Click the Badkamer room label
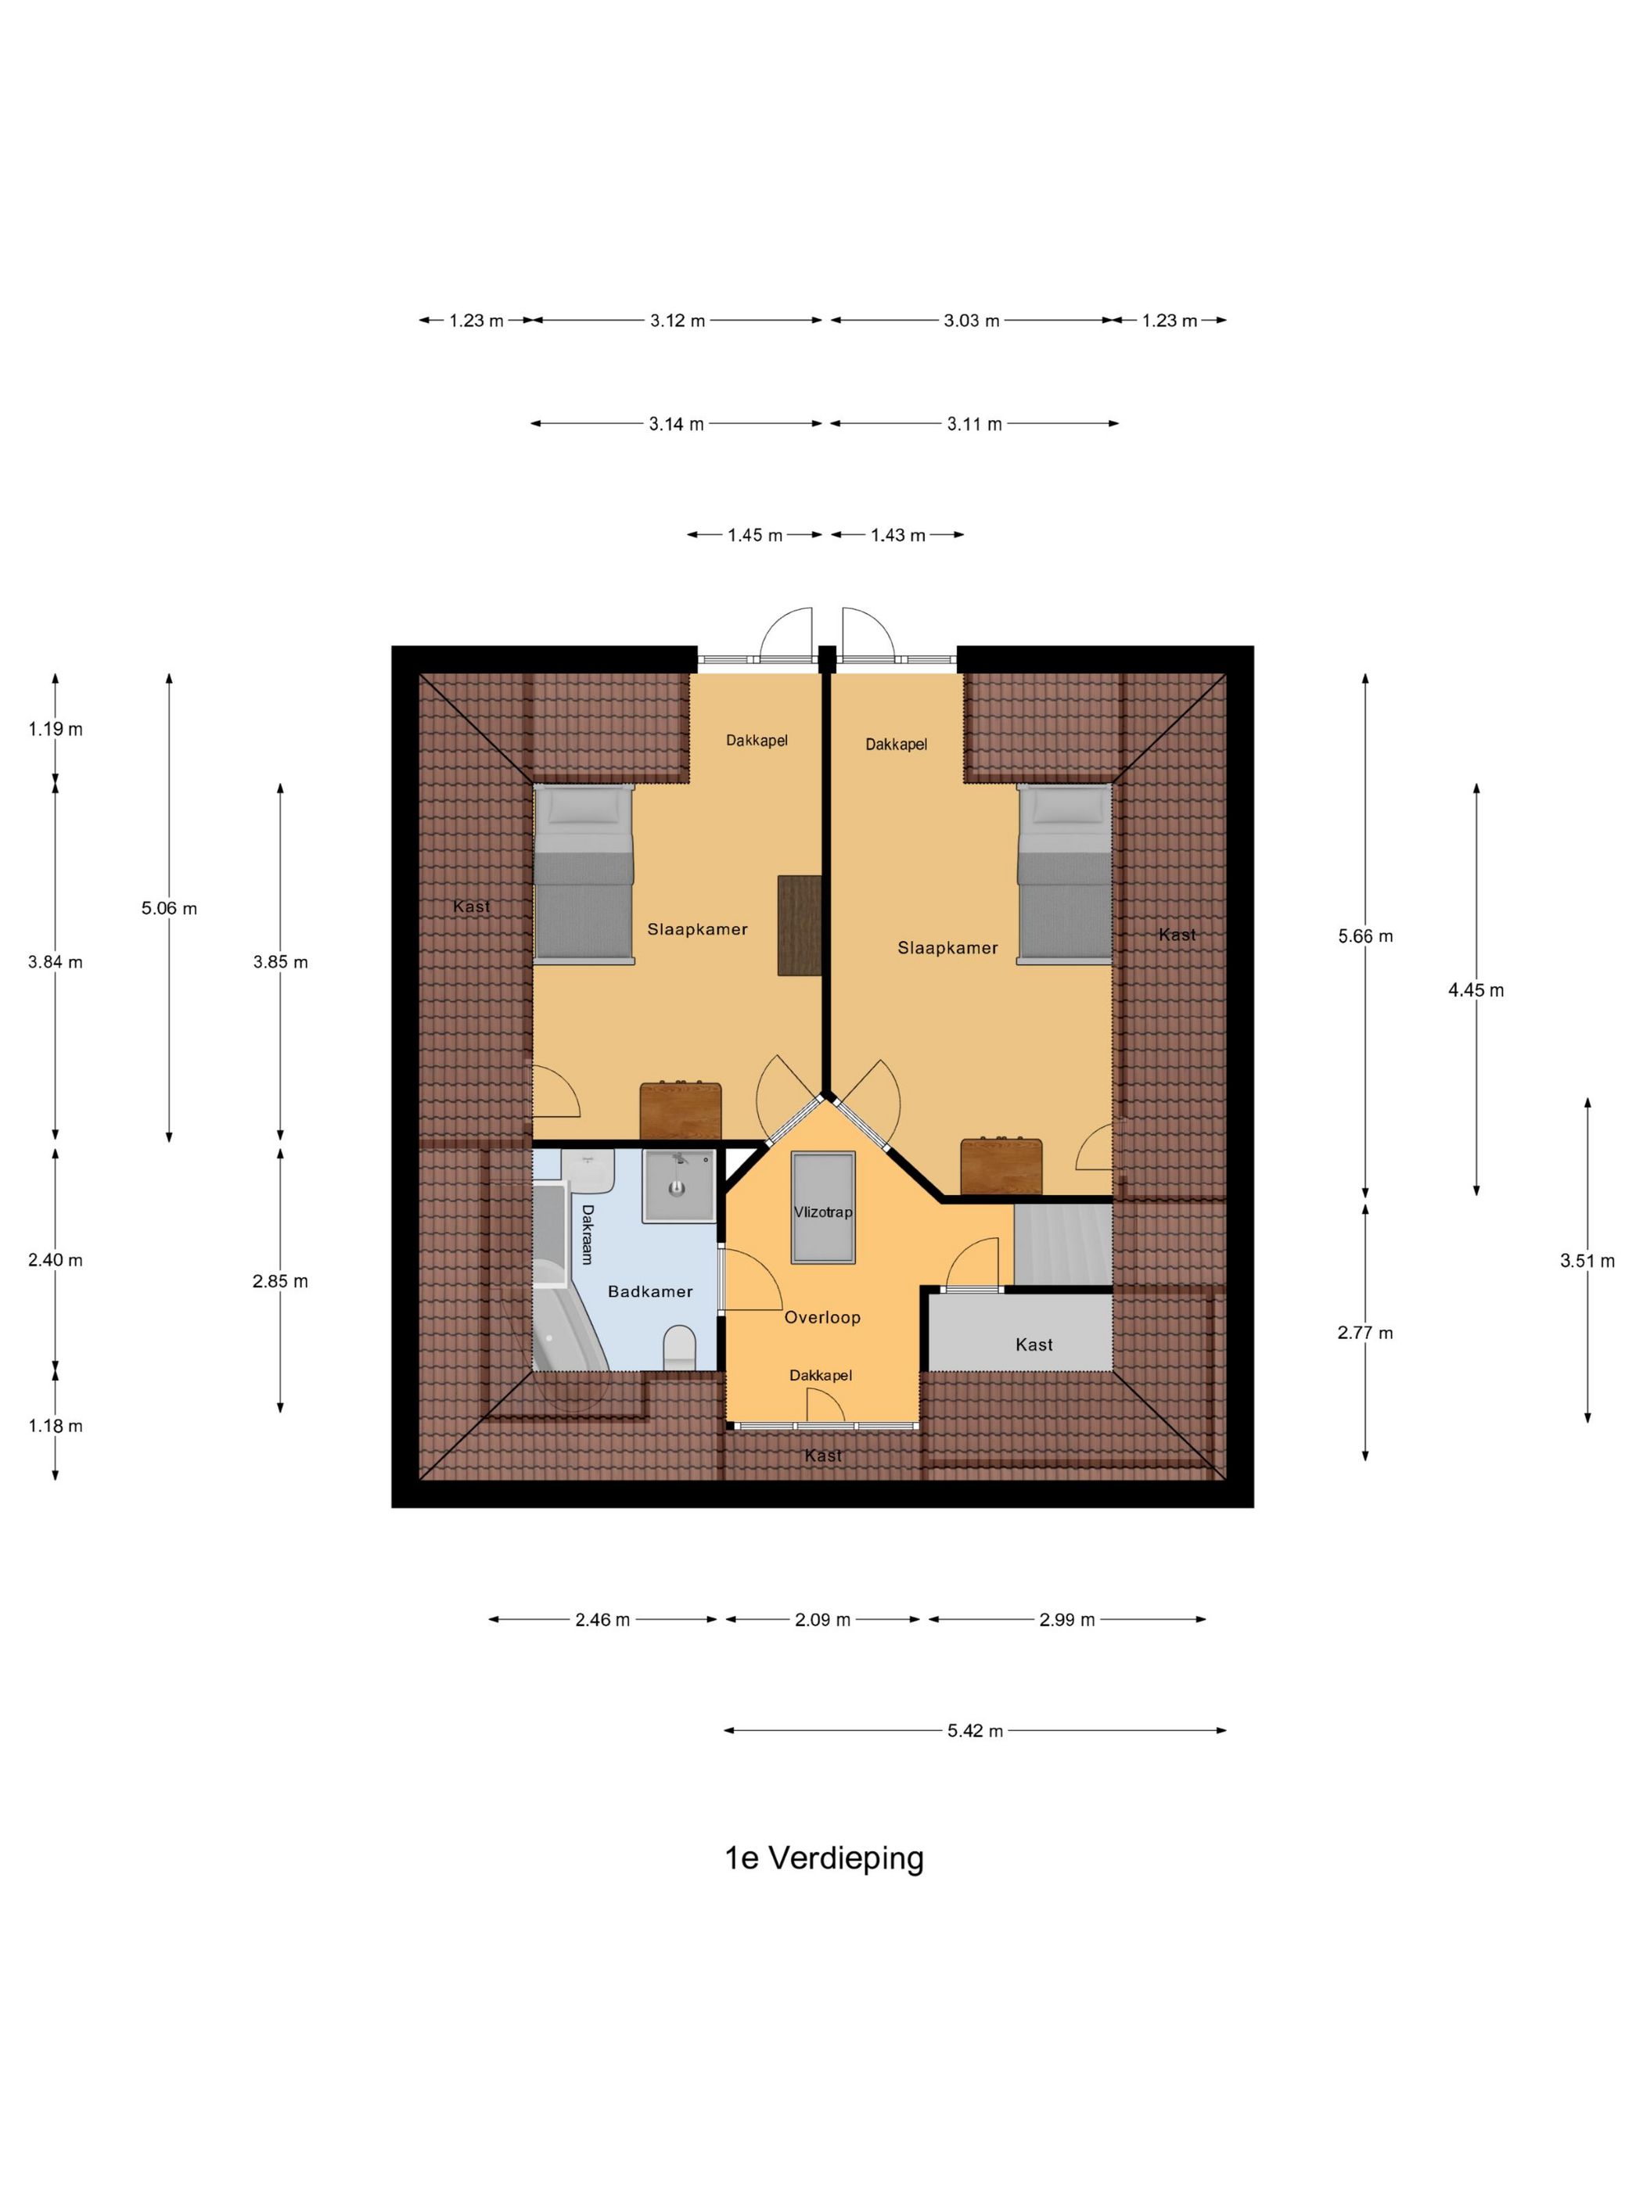[649, 1291]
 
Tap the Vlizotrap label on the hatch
[822, 1212]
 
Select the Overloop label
[822, 1318]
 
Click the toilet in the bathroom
[678, 1348]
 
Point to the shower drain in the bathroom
[678, 1185]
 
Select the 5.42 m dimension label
[975, 1731]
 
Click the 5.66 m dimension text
[1364, 935]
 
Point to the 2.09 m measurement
[822, 1620]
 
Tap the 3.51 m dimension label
[1587, 1260]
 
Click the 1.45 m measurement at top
[755, 535]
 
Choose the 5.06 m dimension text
[169, 908]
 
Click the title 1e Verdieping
[824, 1858]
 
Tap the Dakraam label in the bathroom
[586, 1233]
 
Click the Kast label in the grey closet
[1034, 1345]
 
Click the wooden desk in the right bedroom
[1001, 1166]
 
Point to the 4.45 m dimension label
[1476, 990]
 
